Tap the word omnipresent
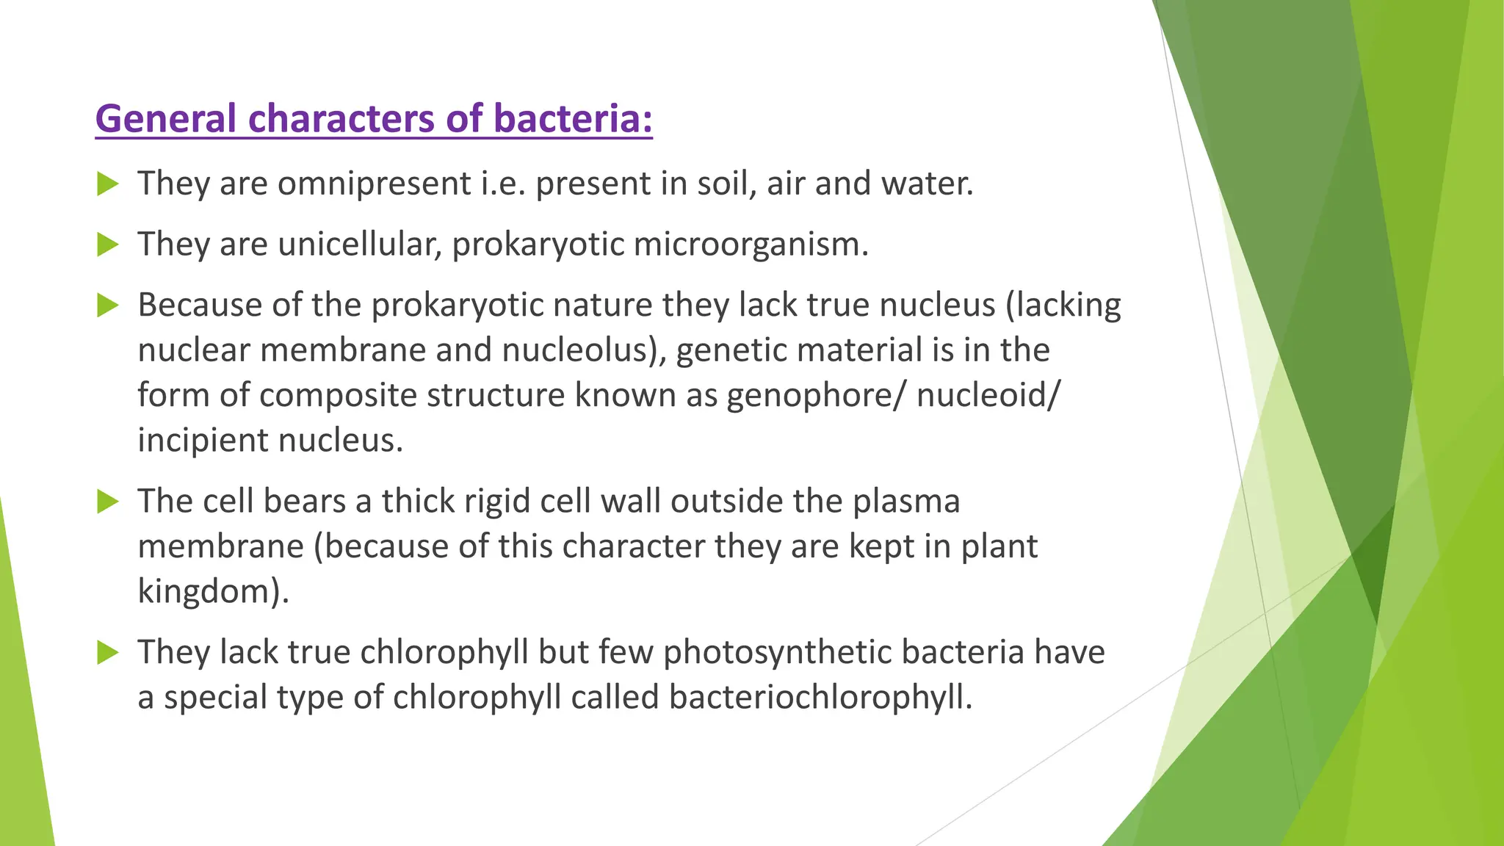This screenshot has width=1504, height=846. click(x=374, y=184)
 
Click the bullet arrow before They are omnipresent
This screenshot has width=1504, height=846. click(x=107, y=184)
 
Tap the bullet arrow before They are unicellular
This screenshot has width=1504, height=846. click(x=107, y=245)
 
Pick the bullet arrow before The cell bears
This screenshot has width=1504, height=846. click(x=107, y=502)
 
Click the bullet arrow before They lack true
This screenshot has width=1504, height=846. click(x=107, y=652)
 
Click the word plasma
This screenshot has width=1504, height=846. click(x=906, y=502)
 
